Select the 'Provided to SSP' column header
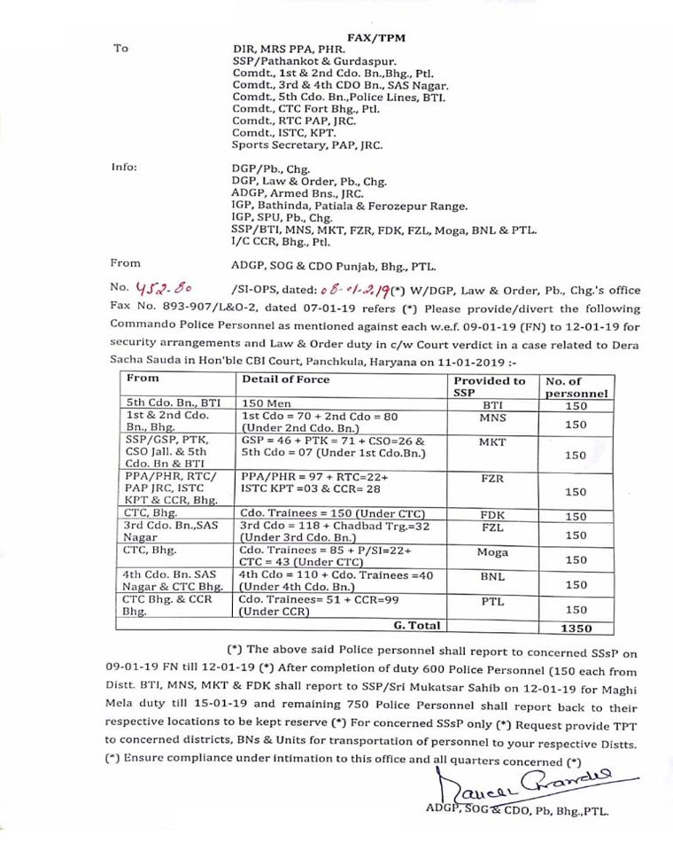click(489, 386)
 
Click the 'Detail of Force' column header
click(285, 379)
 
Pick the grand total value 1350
click(576, 628)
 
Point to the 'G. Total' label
click(417, 626)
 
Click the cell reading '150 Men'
click(264, 403)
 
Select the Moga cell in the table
click(492, 552)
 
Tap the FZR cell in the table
click(492, 478)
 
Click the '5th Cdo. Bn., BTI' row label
click(173, 403)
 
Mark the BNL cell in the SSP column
click(492, 576)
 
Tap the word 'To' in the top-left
click(121, 49)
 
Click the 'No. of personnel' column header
click(576, 386)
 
